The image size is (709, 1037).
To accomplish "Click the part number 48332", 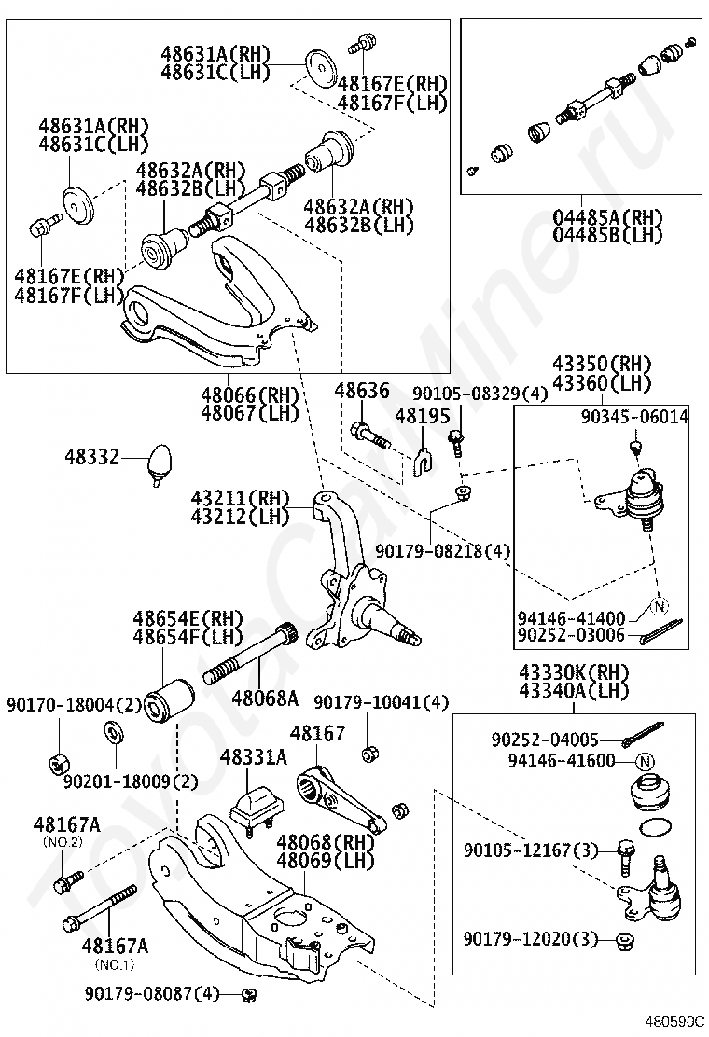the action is pos(92,457).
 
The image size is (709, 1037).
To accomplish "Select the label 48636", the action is pos(362,392).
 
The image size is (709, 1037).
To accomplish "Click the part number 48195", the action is pos(423,415).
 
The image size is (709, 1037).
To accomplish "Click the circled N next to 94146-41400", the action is pos(659,607).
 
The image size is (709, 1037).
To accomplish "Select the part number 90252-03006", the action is pos(571,637).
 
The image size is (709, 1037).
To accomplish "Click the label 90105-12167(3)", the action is pos(531,850).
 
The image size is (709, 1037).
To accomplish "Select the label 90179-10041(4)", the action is pos(382,701).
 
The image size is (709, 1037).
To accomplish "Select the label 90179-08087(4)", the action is pos(151,994).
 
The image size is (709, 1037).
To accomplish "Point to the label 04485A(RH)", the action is pos(607,218).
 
